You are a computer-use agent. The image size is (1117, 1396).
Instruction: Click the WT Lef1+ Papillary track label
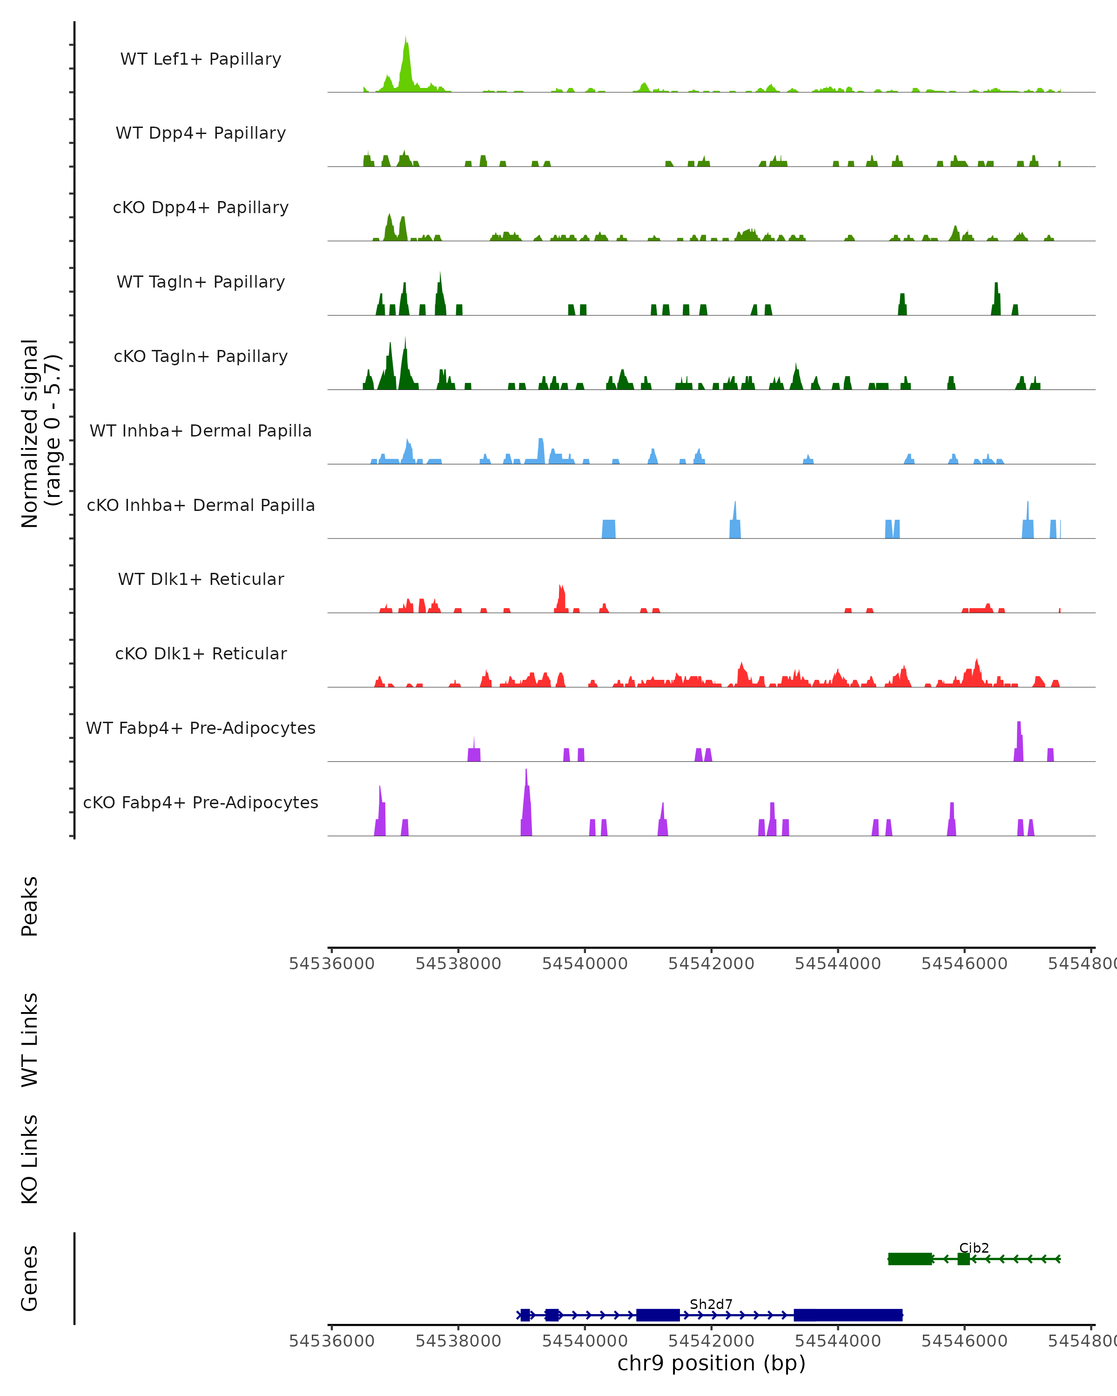point(201,59)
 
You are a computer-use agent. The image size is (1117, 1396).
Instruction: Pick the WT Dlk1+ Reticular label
point(201,579)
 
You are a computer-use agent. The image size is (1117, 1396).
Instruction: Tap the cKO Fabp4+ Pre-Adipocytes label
point(201,802)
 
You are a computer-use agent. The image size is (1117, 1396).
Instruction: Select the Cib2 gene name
point(974,1248)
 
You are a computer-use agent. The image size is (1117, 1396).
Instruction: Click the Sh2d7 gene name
point(711,1304)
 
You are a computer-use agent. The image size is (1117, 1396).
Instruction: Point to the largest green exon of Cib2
point(910,1259)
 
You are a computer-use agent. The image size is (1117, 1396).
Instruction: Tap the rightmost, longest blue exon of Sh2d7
point(848,1315)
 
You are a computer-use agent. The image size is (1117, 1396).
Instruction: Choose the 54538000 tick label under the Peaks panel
point(458,964)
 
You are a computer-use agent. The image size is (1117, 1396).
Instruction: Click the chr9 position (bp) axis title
point(711,1363)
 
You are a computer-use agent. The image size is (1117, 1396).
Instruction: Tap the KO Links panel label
point(30,1159)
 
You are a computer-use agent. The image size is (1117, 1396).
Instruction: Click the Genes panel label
point(30,1277)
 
